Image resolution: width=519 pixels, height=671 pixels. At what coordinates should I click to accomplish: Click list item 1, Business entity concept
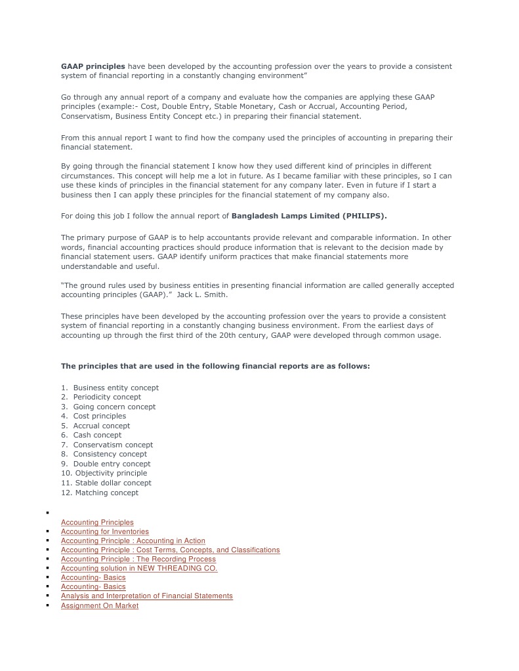(115, 388)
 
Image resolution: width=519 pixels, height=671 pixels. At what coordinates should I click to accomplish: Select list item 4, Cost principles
(99, 416)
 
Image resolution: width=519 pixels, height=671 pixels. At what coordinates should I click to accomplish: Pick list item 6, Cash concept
(97, 435)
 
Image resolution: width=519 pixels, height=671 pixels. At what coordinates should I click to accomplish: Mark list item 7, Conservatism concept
(113, 445)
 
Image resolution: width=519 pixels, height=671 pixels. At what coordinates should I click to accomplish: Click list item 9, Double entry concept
(112, 464)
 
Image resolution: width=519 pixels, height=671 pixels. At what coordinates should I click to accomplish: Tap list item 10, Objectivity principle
(111, 473)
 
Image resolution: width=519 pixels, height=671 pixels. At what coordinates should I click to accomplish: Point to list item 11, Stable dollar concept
(113, 483)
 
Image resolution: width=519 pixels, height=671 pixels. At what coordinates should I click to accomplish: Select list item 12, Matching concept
(106, 493)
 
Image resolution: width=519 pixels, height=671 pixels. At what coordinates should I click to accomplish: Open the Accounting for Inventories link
(105, 531)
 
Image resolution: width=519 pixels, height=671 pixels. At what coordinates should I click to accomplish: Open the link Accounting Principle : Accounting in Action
(133, 540)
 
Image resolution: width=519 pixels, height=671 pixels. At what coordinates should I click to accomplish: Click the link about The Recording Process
(138, 559)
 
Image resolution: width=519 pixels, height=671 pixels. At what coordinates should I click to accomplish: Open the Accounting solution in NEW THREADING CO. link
(139, 568)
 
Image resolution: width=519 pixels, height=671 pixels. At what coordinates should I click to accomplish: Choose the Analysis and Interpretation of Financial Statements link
(147, 596)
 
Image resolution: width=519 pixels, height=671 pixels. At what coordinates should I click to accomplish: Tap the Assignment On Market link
(100, 605)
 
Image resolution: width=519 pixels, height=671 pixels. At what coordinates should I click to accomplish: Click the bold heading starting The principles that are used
(215, 366)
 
